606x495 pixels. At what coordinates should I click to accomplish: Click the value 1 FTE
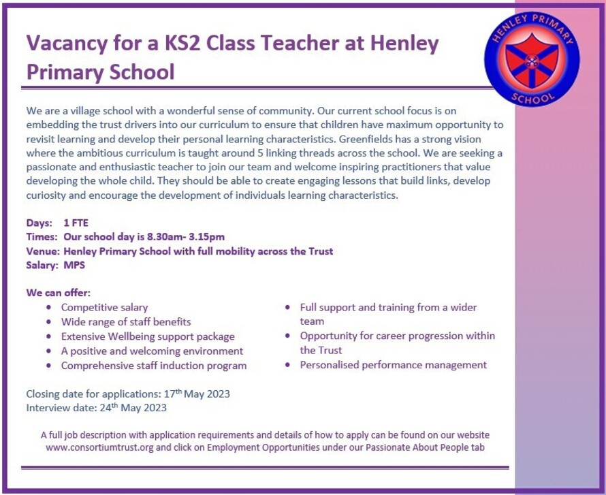(x=76, y=223)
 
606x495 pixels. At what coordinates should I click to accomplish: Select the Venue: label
(x=42, y=251)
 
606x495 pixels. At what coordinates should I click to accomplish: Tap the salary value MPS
(x=74, y=266)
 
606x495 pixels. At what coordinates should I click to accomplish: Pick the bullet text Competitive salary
(x=104, y=308)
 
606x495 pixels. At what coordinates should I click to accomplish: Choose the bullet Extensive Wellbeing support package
(x=148, y=336)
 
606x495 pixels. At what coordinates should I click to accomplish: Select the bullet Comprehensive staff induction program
(x=154, y=366)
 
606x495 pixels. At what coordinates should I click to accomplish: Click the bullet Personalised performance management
(x=393, y=365)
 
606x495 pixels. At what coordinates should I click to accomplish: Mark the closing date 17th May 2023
(x=197, y=394)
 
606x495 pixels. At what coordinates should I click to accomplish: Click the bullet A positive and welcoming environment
(x=152, y=351)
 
